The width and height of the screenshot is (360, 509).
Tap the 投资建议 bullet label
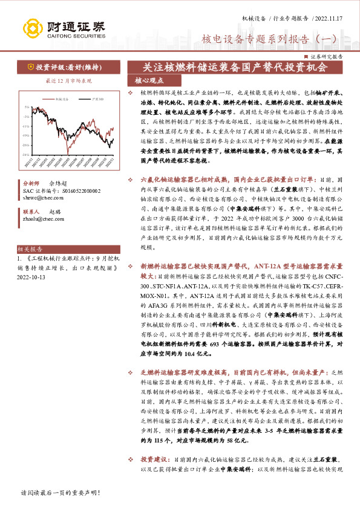coord(154,459)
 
